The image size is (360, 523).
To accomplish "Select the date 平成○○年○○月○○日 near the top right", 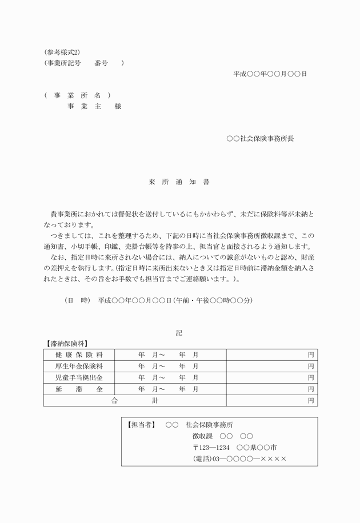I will point(270,74).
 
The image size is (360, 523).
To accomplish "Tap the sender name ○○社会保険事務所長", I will point(260,138).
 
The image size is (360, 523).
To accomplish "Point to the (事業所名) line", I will point(77,95).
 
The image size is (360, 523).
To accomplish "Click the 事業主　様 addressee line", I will point(94,106).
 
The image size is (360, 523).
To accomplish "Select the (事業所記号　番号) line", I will point(83,63).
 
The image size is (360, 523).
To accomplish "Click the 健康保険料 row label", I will point(79,355).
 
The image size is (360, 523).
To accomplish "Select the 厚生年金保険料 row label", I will point(79,366).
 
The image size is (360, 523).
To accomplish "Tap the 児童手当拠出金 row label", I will point(79,377).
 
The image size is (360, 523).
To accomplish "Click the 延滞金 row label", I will point(79,389).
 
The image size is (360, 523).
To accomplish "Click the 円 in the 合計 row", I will point(311,401).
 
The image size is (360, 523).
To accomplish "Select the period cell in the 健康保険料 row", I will point(170,355).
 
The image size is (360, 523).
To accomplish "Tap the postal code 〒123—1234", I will point(211,448).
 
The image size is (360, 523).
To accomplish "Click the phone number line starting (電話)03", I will point(239,459).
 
